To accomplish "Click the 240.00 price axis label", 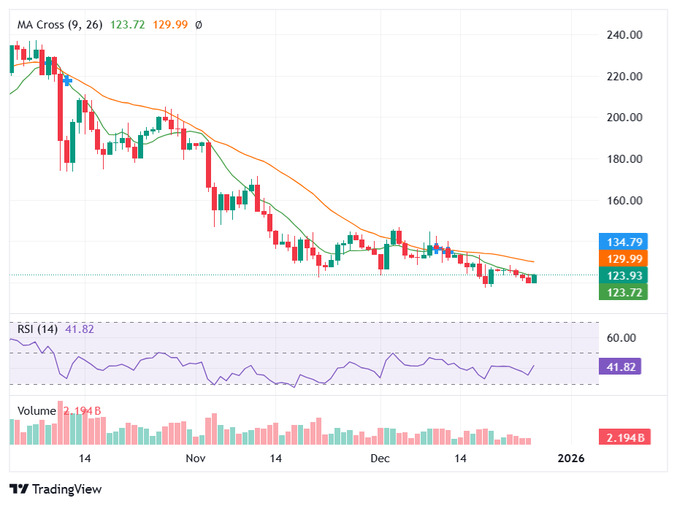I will tap(624, 34).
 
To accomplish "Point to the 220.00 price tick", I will tap(624, 76).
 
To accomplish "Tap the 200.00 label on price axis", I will tap(624, 117).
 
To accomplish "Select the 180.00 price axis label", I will tap(624, 158).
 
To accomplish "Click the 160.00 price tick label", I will tap(624, 200).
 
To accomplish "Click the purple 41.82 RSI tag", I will tap(619, 367).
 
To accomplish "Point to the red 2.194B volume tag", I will tap(624, 437).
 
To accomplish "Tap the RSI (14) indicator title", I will tap(37, 329).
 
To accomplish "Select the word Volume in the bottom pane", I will tap(37, 411).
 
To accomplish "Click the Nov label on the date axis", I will tap(195, 459).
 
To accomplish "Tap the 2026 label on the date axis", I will tap(570, 459).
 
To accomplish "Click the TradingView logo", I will tap(56, 489).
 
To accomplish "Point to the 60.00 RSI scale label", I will tap(621, 338).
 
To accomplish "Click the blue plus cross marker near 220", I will tap(67, 80).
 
